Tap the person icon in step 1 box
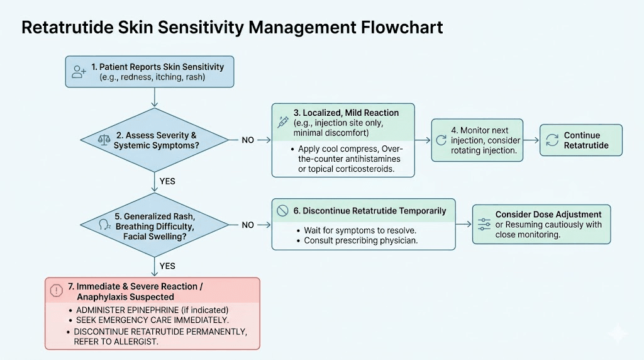(x=79, y=72)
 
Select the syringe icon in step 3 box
(x=283, y=122)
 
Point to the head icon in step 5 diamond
(x=104, y=225)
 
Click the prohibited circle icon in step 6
(x=283, y=210)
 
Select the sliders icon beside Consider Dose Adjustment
(x=484, y=225)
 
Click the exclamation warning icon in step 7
(x=56, y=291)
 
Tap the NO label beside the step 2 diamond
(x=248, y=140)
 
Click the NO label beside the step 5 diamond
(x=248, y=225)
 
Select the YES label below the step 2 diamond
(x=167, y=181)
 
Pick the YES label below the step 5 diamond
(x=167, y=266)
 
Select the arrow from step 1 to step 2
(x=155, y=98)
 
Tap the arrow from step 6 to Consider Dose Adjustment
(x=464, y=225)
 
